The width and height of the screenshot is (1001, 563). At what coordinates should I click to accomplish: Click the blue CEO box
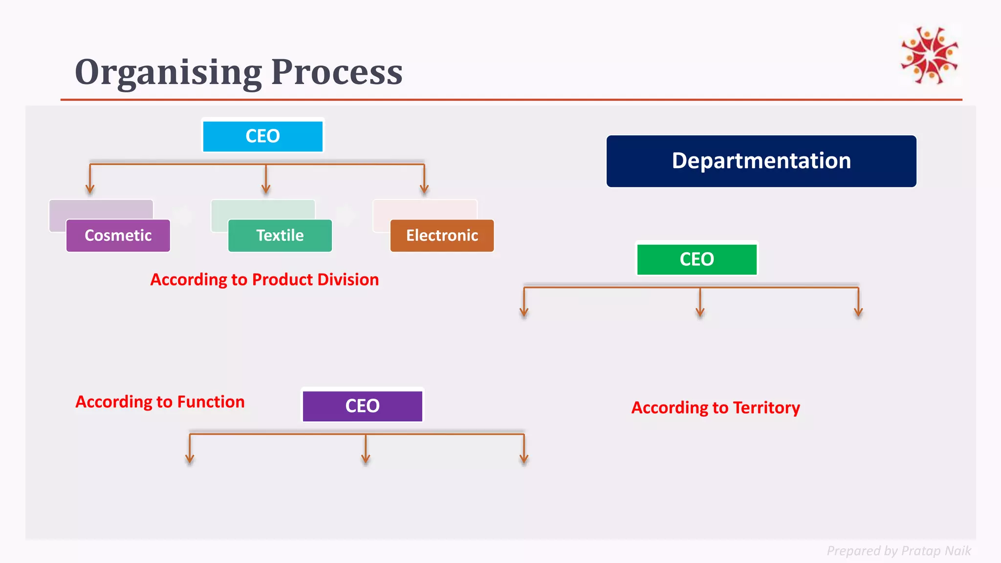click(x=262, y=136)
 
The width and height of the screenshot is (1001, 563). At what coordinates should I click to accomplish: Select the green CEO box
click(x=696, y=260)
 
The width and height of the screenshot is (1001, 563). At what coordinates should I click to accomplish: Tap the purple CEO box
click(x=362, y=406)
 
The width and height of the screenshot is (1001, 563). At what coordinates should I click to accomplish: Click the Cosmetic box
click(x=118, y=236)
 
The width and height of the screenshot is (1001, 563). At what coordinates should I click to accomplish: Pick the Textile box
click(x=280, y=236)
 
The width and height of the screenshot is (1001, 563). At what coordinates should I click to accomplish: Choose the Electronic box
click(x=442, y=236)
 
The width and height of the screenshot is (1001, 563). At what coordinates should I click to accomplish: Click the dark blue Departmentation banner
click(x=761, y=161)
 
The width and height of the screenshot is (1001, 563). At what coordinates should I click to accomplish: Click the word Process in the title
click(x=337, y=72)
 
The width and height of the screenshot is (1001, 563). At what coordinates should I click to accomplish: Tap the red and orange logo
click(x=930, y=55)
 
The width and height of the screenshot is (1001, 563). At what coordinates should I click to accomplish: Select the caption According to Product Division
click(x=264, y=280)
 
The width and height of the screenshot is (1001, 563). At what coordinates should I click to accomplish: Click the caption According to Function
click(x=160, y=402)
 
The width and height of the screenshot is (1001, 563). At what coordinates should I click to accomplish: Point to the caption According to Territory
click(x=716, y=408)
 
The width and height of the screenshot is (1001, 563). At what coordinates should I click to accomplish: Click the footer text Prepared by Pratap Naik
click(x=898, y=551)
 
